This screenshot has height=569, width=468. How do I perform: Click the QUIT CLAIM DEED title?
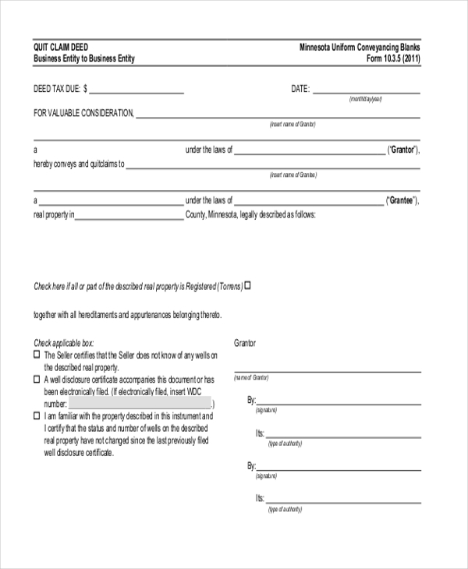pyautogui.click(x=61, y=47)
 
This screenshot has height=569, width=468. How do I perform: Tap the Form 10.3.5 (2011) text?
pyautogui.click(x=393, y=58)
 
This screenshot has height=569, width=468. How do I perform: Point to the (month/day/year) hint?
pyautogui.click(x=366, y=100)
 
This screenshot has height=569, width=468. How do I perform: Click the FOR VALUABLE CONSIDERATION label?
pyautogui.click(x=83, y=114)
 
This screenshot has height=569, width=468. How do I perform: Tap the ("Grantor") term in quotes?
pyautogui.click(x=403, y=150)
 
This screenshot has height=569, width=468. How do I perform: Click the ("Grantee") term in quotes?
pyautogui.click(x=403, y=200)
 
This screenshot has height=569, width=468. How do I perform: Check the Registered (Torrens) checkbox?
pyautogui.click(x=248, y=285)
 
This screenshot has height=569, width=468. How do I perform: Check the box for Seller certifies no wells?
pyautogui.click(x=37, y=354)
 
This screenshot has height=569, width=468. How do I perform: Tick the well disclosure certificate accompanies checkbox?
pyautogui.click(x=37, y=379)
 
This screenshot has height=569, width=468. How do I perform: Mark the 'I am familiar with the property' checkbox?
pyautogui.click(x=37, y=416)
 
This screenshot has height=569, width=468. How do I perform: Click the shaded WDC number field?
pyautogui.click(x=140, y=404)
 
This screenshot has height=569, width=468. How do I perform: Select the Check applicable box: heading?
pyautogui.click(x=63, y=342)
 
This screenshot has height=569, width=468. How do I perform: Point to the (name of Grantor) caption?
pyautogui.click(x=251, y=377)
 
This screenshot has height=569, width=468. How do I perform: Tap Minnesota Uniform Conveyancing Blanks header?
pyautogui.click(x=360, y=47)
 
